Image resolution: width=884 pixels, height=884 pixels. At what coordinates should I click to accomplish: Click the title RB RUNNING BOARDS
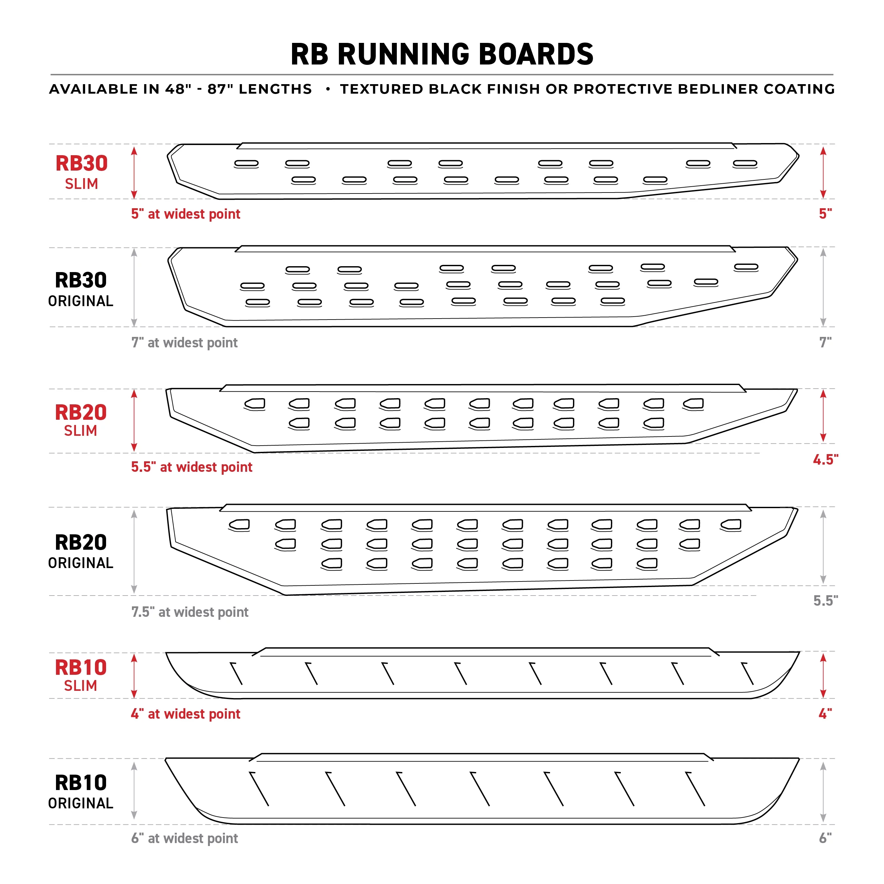(x=442, y=54)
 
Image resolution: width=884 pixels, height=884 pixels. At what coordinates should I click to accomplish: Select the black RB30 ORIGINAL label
(x=81, y=289)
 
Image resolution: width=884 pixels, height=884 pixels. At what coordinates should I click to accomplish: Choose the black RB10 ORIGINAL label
(x=81, y=792)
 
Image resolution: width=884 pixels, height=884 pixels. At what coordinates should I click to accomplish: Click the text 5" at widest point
(x=185, y=214)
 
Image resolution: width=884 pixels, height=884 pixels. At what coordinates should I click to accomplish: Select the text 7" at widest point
(x=184, y=343)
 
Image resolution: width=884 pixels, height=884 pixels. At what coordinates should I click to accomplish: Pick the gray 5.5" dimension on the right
(x=825, y=600)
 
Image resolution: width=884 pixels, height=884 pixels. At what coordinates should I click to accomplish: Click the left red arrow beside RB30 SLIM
(x=134, y=173)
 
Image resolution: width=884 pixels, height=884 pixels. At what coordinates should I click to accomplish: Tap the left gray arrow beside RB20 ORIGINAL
(x=134, y=551)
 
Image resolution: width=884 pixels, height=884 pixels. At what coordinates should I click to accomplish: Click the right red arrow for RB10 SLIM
(x=823, y=675)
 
